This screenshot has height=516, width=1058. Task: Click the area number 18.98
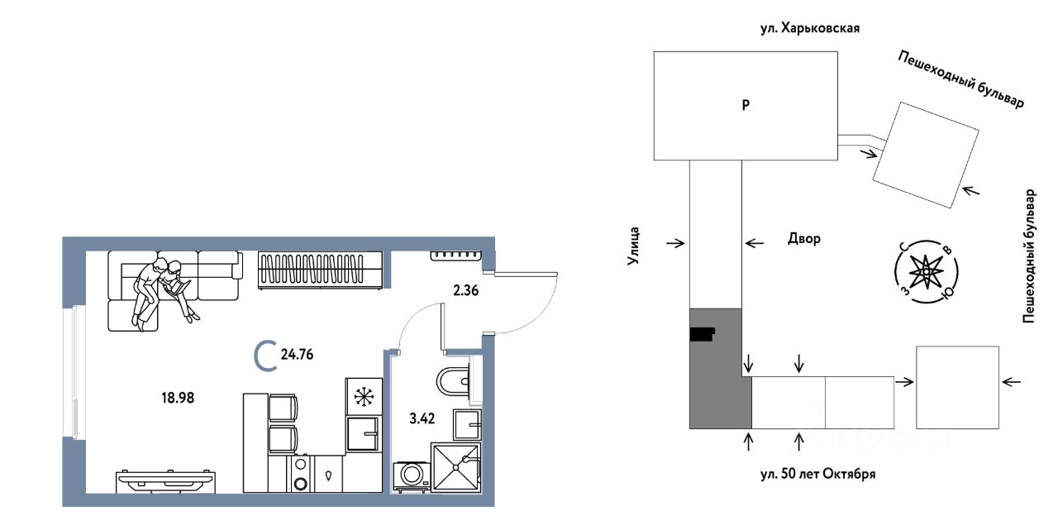178,397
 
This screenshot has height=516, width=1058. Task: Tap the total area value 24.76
297,356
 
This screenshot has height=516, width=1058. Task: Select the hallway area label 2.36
465,290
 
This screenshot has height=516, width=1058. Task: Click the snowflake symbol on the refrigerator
362,396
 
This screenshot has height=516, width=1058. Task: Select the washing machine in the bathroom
411,475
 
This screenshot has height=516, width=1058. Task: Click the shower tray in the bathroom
456,467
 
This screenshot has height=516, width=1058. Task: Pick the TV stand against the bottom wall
168,479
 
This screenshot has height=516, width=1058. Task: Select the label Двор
803,240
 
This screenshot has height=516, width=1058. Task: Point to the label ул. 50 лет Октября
817,475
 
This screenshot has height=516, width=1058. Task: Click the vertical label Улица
633,245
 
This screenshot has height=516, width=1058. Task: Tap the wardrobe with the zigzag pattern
321,270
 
